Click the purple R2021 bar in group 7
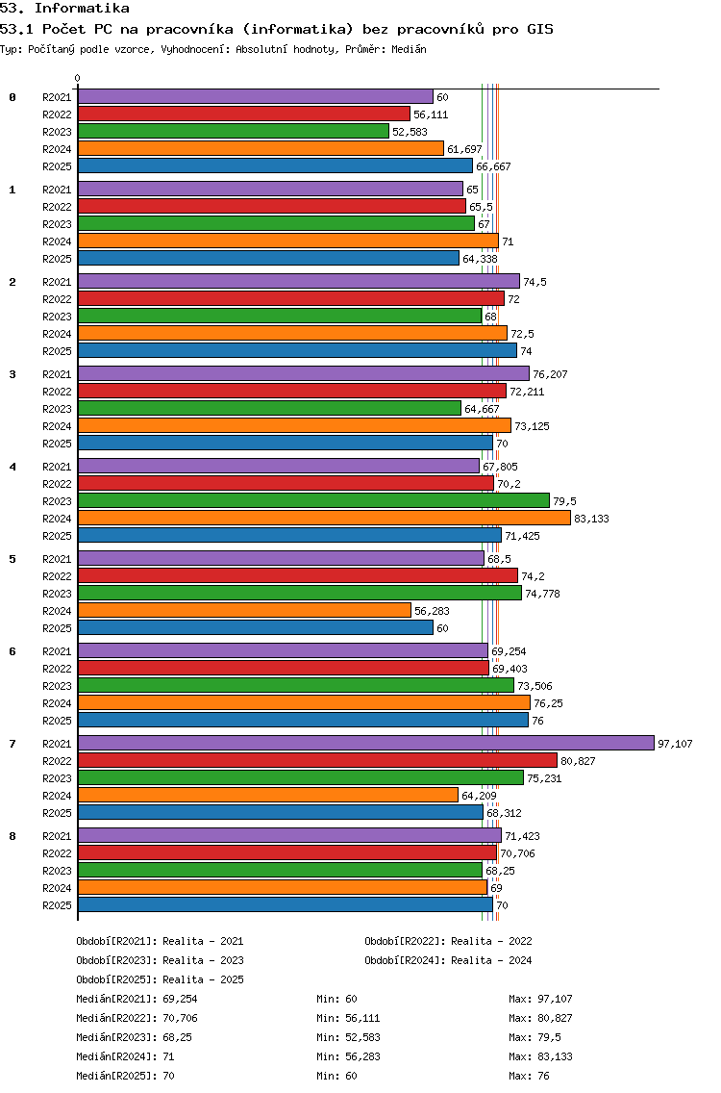[x=365, y=743]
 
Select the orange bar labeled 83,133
[x=324, y=518]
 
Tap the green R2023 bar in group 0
[x=234, y=131]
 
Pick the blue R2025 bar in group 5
[x=256, y=627]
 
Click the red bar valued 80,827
[x=317, y=760]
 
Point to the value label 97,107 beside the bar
[x=675, y=744]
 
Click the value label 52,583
[x=410, y=132]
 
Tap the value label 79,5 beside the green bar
[x=564, y=501]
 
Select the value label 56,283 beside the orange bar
[x=432, y=611]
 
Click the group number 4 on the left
[x=12, y=467]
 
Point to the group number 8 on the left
[x=12, y=836]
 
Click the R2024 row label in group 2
[x=57, y=334]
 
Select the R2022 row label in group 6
[x=57, y=669]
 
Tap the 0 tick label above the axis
[x=77, y=79]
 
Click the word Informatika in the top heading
[x=82, y=9]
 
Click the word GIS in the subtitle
[x=540, y=29]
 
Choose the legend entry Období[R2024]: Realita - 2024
[x=448, y=960]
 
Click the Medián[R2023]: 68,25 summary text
[x=134, y=1037]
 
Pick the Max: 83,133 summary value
[x=540, y=1056]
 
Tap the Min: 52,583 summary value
[x=348, y=1037]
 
